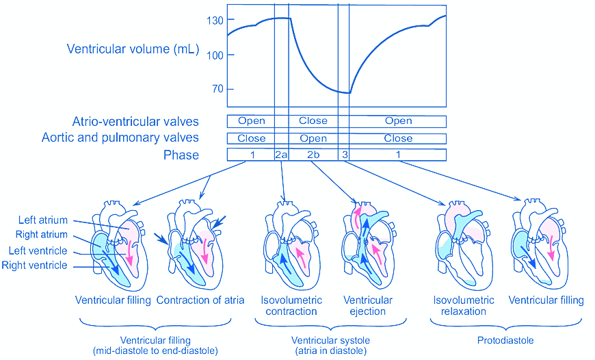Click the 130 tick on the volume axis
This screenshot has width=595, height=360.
click(x=215, y=21)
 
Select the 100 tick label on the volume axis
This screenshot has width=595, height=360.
click(x=215, y=55)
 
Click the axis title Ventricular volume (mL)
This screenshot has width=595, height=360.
click(x=133, y=49)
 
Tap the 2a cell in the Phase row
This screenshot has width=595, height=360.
click(x=281, y=155)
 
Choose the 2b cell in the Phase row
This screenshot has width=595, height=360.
click(x=313, y=155)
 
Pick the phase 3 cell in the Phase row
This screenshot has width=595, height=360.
click(x=345, y=155)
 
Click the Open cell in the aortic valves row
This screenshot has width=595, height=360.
click(x=313, y=138)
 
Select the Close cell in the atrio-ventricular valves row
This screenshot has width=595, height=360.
click(x=313, y=121)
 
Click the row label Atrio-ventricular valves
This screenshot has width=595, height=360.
click(x=135, y=122)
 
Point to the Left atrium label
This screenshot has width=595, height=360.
click(x=43, y=220)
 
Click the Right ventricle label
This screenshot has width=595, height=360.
click(x=35, y=265)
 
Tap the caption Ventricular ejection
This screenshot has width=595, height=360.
click(x=368, y=306)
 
